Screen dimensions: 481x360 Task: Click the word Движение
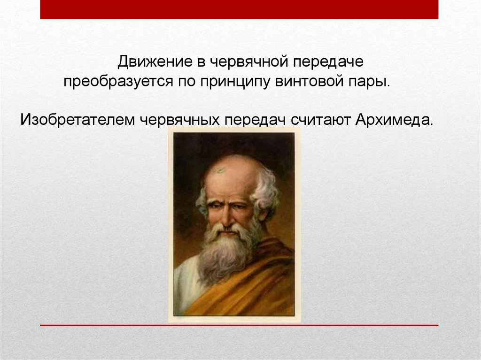[155, 62]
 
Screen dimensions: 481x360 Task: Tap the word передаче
[328, 61]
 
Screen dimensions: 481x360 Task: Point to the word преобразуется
[118, 82]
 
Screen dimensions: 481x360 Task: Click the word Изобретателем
[78, 119]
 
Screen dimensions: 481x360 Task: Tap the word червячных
[180, 120]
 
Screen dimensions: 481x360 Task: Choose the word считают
[320, 120]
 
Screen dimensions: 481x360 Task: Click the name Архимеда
[395, 119]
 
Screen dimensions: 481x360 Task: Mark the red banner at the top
[239, 9]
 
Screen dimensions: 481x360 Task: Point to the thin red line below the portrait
[239, 325]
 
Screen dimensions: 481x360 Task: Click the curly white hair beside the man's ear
[266, 194]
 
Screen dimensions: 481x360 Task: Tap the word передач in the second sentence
[255, 120]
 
